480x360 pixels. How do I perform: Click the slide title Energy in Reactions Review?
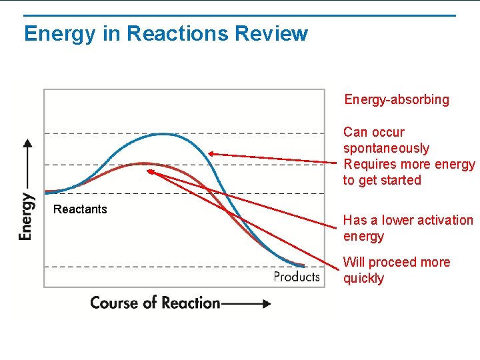point(165,33)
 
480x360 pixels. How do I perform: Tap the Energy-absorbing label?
point(397,100)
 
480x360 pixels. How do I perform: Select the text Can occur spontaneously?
point(386,140)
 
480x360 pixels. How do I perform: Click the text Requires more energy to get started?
point(409,172)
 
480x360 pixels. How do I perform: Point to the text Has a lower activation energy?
point(407,228)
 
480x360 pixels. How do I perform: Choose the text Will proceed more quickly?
point(397,270)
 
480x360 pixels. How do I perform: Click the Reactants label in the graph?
point(80,209)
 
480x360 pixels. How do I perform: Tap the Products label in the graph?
point(297,276)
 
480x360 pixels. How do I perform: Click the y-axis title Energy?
point(25,216)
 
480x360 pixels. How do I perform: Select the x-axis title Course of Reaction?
point(155,303)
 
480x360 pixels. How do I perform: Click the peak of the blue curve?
point(163,134)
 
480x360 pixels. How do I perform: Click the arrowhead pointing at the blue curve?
point(210,153)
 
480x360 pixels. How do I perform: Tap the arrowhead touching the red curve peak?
point(150,171)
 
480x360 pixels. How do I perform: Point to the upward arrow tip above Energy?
point(27,142)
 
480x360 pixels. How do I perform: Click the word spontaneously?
point(386,148)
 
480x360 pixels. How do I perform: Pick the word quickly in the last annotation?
point(363,278)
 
